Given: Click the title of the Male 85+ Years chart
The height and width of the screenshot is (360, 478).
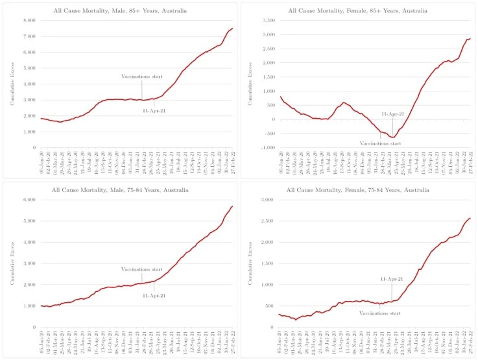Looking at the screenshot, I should (x=119, y=10).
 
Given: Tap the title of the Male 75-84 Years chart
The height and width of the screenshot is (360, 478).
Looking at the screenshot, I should (x=119, y=189).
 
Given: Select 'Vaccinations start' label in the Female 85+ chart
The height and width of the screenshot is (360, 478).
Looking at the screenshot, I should (x=381, y=143).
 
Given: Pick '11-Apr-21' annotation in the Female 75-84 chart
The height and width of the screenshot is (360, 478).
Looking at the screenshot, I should (x=392, y=279).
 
